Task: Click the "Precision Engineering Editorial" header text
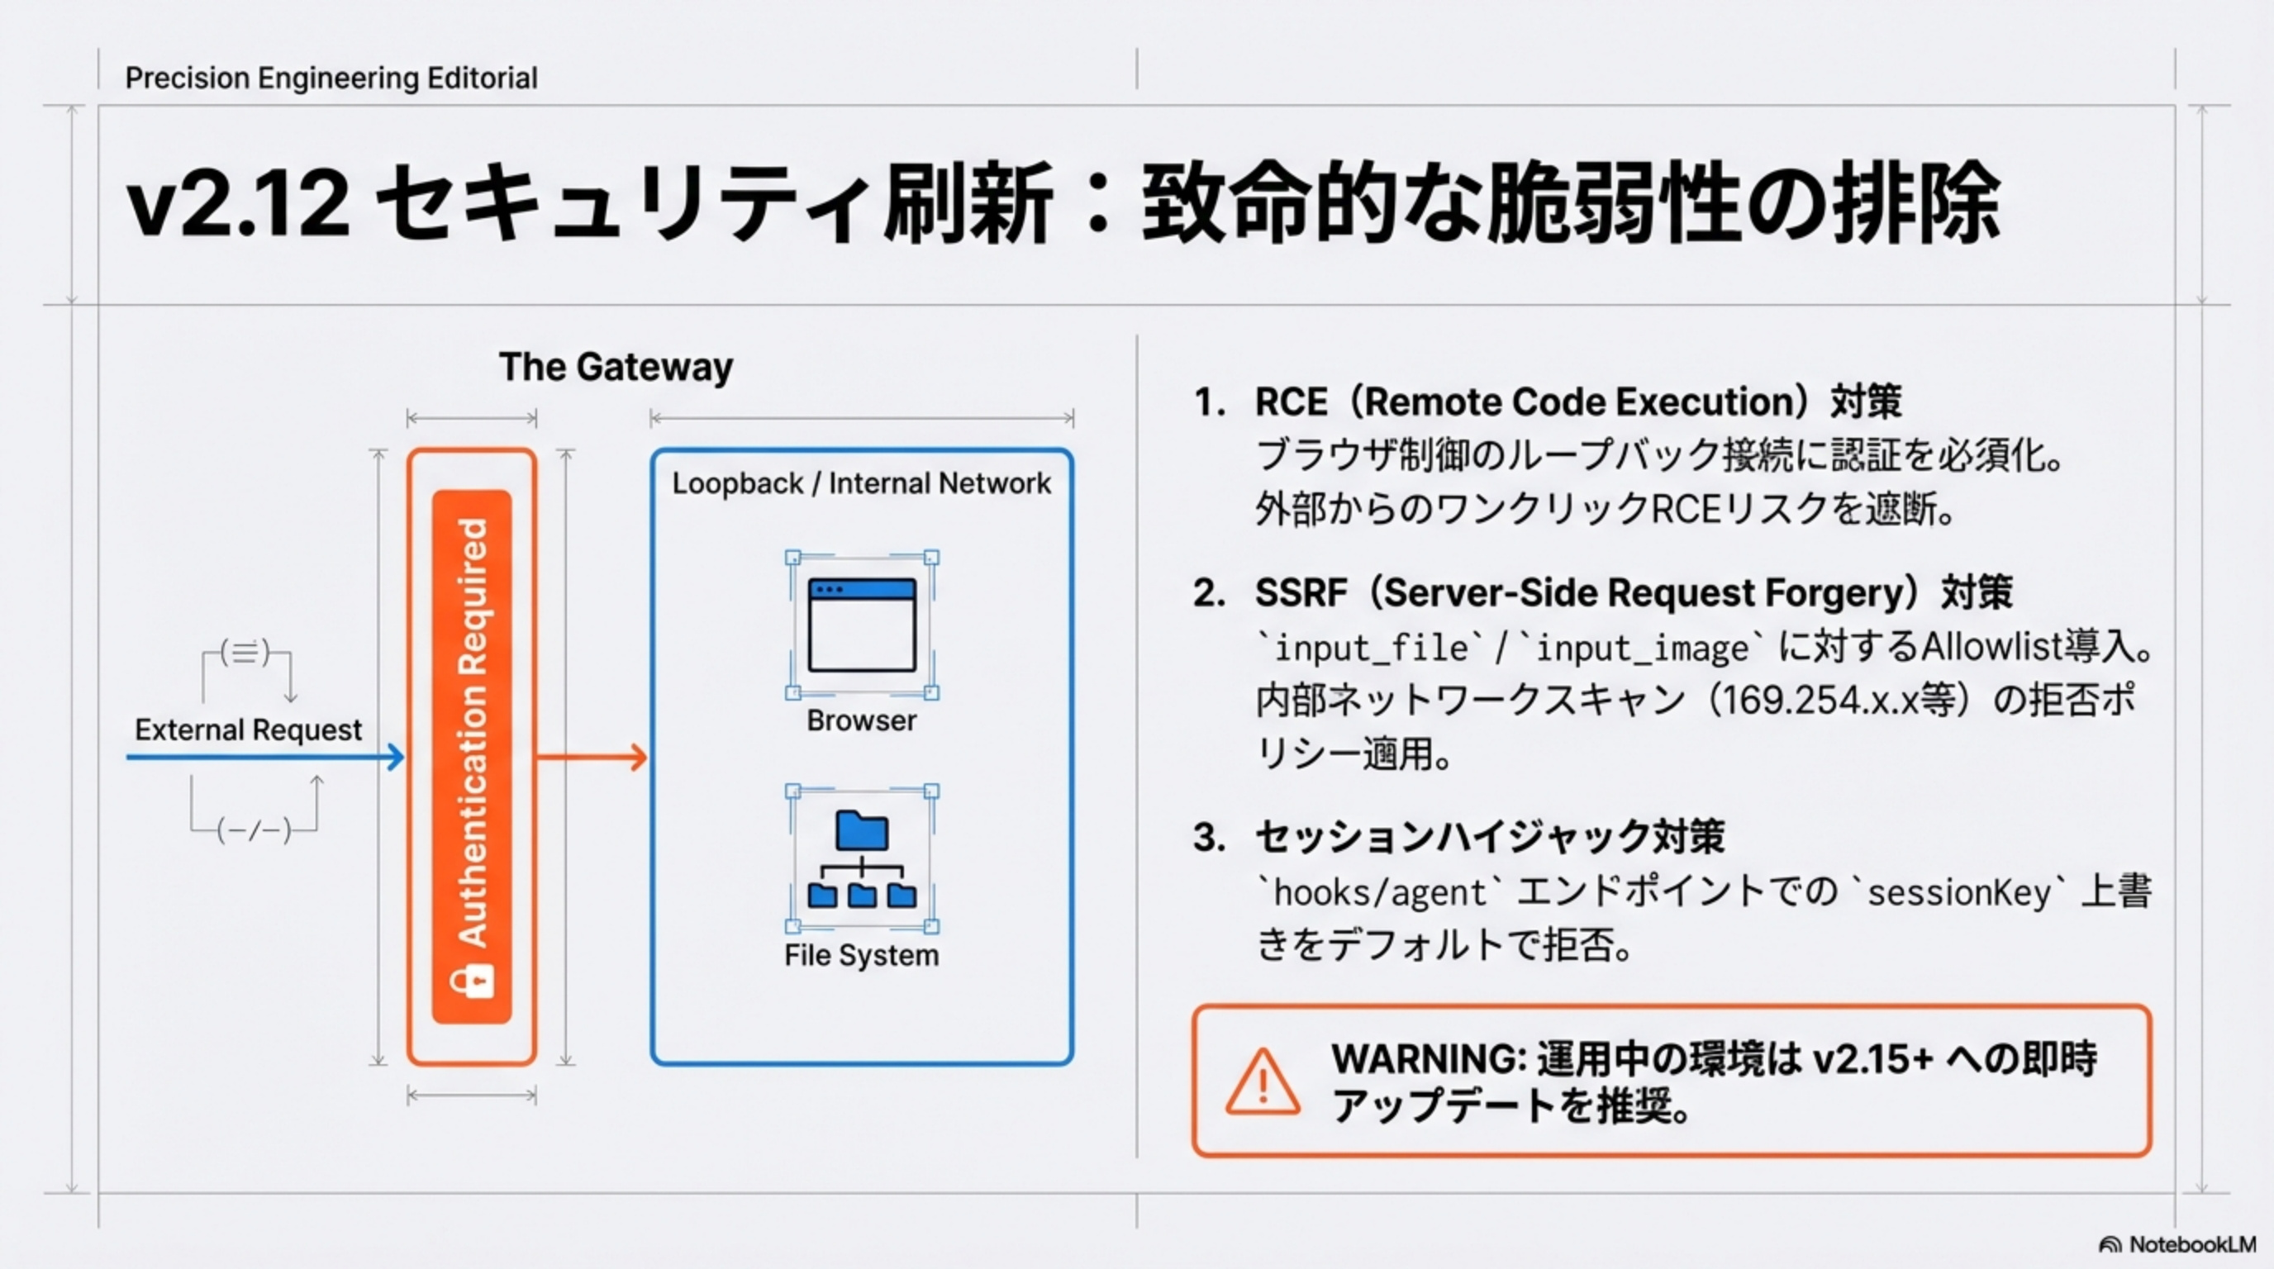pos(331,78)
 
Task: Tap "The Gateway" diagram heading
pos(616,367)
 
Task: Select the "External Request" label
pos(248,730)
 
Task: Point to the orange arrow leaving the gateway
pos(592,757)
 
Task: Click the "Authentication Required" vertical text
pos(473,733)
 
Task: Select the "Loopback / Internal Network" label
pos(861,483)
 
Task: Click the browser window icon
pos(862,625)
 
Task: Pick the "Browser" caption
pos(862,720)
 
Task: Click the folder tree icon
pos(862,858)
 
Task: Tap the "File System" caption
pos(862,955)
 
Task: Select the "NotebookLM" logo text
pos(2192,1244)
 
